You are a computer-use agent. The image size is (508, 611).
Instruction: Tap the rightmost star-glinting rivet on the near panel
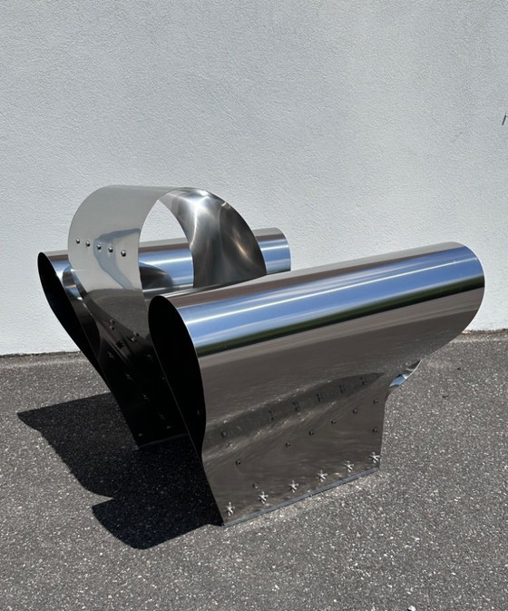[374, 457]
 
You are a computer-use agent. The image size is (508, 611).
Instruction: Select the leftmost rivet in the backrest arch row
[79, 241]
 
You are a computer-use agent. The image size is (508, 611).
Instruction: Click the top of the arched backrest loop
[163, 191]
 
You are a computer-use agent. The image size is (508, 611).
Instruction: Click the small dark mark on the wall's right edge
[504, 117]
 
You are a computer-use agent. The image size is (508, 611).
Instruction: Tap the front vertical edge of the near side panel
[205, 454]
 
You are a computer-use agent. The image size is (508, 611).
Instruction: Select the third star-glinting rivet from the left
[292, 487]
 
